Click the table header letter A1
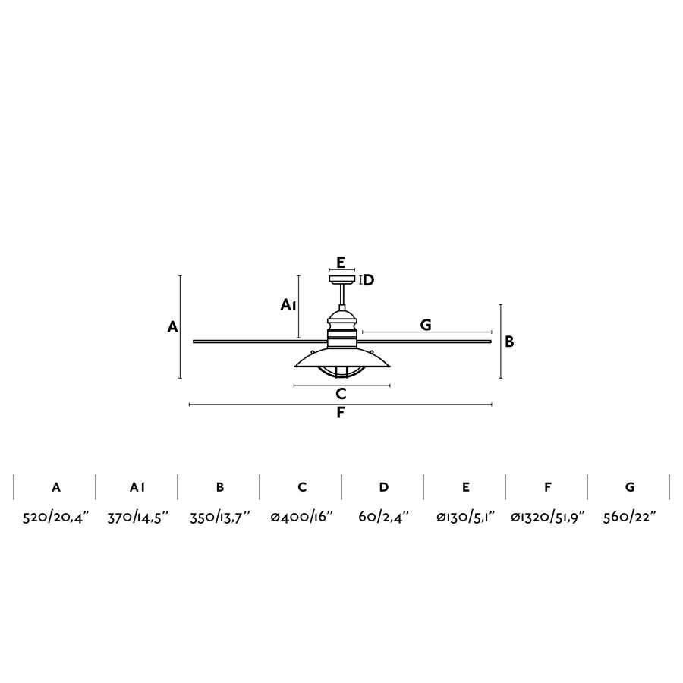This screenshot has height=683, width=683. pyautogui.click(x=137, y=487)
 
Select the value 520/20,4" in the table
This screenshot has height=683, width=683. pyautogui.click(x=55, y=517)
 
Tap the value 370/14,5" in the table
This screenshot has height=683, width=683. pyautogui.click(x=137, y=517)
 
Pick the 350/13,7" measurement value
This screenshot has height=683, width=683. pyautogui.click(x=220, y=517)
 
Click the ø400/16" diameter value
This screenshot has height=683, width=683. pyautogui.click(x=301, y=517)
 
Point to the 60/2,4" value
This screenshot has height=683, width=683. pyautogui.click(x=384, y=517)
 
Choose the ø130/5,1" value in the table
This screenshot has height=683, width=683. pyautogui.click(x=466, y=517)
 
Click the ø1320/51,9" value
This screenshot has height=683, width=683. pyautogui.click(x=547, y=517)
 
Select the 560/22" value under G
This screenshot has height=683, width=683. pyautogui.click(x=629, y=517)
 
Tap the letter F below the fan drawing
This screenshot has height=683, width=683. pyautogui.click(x=341, y=413)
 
